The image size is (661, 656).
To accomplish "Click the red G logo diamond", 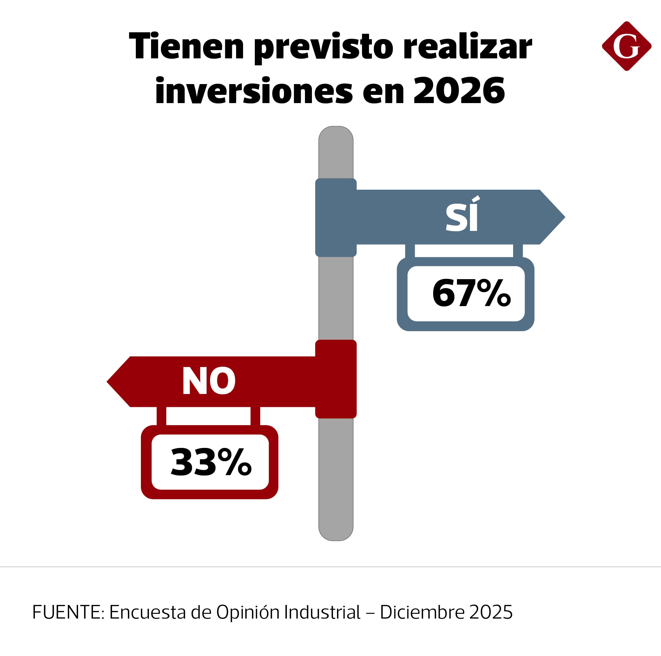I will [626, 46].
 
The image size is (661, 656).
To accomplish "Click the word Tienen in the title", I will [187, 46].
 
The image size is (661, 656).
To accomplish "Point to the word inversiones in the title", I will [254, 91].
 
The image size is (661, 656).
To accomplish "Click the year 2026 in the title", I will [459, 91].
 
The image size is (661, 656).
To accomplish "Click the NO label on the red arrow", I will [208, 381].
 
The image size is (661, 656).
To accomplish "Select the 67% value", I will [471, 293].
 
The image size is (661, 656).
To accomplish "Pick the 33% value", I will [211, 462].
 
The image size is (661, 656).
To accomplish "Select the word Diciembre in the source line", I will [422, 612].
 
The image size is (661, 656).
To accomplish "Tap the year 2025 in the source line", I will [491, 612].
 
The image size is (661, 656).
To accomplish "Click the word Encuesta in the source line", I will [148, 612].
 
